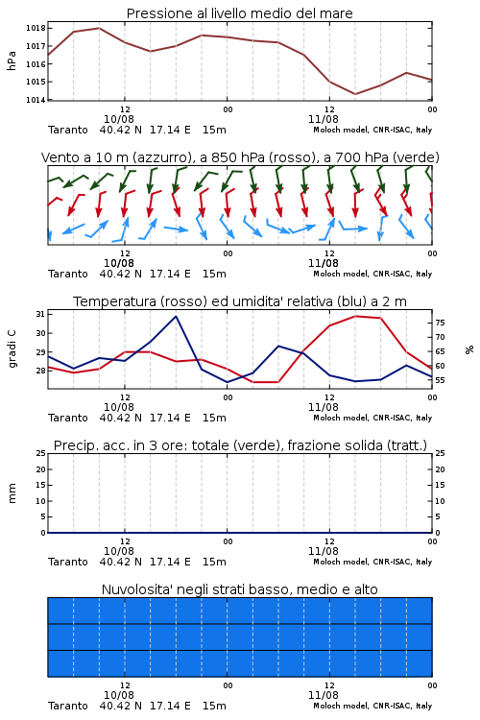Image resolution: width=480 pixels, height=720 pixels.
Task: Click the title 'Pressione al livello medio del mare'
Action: pyautogui.click(x=239, y=13)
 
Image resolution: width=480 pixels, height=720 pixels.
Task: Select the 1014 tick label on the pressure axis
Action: pyautogui.click(x=36, y=100)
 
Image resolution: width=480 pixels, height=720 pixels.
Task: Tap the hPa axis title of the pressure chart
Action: pyautogui.click(x=12, y=60)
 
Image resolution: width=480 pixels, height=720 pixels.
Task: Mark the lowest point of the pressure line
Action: pyautogui.click(x=355, y=94)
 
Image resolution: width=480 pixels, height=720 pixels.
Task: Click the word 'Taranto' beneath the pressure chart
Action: pyautogui.click(x=68, y=130)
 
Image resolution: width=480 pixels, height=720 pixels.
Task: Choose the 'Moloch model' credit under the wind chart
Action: pyautogui.click(x=340, y=274)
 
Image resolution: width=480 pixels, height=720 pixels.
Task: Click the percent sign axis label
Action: pyautogui.click(x=469, y=349)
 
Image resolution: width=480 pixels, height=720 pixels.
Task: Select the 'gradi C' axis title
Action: pyautogui.click(x=12, y=348)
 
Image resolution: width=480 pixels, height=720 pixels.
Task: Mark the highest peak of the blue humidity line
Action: pyautogui.click(x=176, y=316)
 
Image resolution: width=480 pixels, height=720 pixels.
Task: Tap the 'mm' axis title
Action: pyautogui.click(x=12, y=493)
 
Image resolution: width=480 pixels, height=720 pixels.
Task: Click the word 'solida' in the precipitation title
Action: pyautogui.click(x=362, y=445)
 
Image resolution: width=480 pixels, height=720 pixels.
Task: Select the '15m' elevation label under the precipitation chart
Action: pyautogui.click(x=214, y=562)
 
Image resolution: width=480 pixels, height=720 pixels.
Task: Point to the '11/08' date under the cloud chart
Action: pyautogui.click(x=324, y=695)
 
